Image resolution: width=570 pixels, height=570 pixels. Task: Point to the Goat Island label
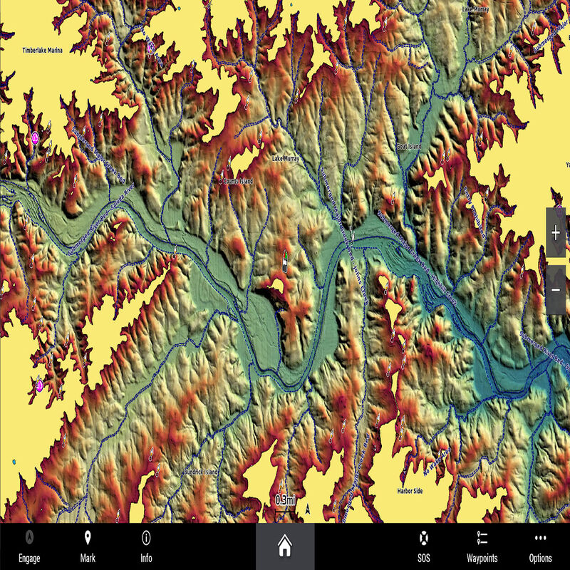409,146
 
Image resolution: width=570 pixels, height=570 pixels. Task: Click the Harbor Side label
410,491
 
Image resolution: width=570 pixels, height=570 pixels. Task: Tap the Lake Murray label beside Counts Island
289,159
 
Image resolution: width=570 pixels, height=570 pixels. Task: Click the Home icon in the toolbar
285,546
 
